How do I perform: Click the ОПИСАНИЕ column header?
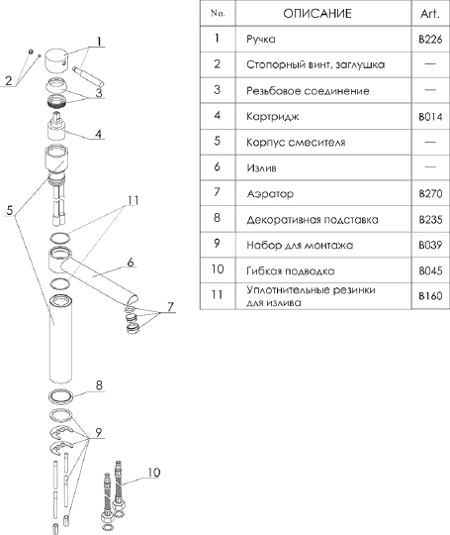(317, 13)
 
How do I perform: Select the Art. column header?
(430, 14)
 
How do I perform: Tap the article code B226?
(430, 40)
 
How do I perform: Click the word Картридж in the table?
(273, 117)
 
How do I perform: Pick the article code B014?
(430, 117)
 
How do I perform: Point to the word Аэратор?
(270, 194)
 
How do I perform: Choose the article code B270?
(430, 194)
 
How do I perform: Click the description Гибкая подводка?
(291, 271)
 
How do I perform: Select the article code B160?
(430, 296)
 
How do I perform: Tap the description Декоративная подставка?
(313, 220)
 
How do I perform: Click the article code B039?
(430, 245)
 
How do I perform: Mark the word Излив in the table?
(261, 167)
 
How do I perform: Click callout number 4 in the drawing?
(98, 134)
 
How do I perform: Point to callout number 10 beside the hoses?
(153, 473)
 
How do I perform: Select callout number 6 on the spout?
(131, 263)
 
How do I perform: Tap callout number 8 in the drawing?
(99, 385)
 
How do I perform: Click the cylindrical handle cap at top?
(57, 61)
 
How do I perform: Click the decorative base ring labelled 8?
(60, 395)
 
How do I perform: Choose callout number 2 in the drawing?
(9, 80)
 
